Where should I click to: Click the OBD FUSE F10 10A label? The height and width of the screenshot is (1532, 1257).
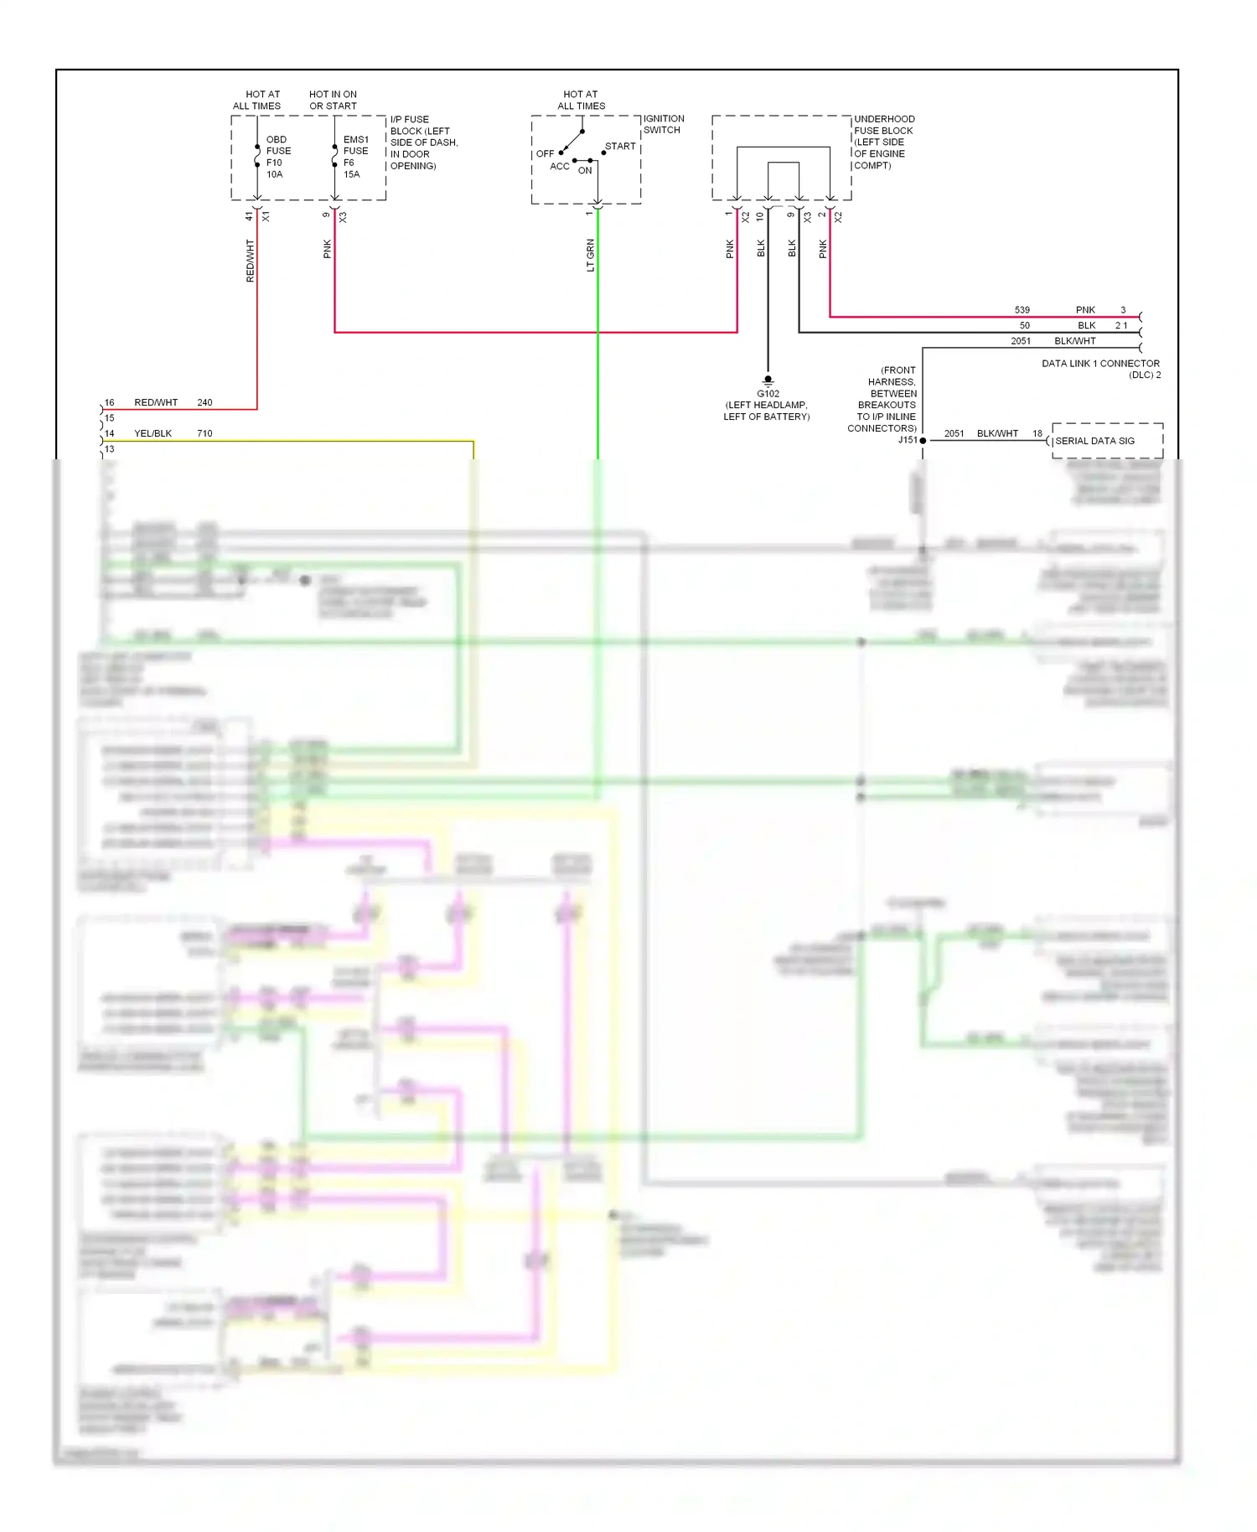(x=277, y=157)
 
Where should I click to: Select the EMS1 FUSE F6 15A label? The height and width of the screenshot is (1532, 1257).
(x=355, y=157)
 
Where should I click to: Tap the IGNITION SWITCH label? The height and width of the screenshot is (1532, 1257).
(x=664, y=124)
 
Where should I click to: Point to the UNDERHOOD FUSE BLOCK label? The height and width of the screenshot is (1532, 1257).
(x=884, y=142)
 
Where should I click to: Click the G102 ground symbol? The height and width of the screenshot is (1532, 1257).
(x=768, y=380)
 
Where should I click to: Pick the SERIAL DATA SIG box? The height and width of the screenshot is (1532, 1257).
(x=1107, y=441)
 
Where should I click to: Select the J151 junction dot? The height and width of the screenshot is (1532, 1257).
(x=923, y=440)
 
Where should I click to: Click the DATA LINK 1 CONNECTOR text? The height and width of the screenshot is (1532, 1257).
(x=1100, y=364)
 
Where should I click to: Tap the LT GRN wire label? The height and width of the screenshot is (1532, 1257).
(x=590, y=255)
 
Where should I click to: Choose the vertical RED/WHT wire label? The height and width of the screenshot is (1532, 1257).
(x=250, y=260)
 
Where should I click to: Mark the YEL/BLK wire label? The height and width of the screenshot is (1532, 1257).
(x=153, y=433)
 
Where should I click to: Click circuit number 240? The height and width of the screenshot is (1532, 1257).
(x=204, y=402)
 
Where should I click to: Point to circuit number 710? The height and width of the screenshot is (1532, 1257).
(x=204, y=433)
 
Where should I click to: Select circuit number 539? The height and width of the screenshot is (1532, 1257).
(x=1022, y=310)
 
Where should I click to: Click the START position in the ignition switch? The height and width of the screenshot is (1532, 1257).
(x=620, y=146)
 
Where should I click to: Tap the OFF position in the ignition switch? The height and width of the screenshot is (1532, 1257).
(x=545, y=153)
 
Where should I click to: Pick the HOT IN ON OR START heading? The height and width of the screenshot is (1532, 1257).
(x=333, y=100)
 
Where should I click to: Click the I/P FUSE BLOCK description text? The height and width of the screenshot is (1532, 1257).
(x=423, y=142)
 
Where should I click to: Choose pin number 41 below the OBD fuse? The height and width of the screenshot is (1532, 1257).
(x=249, y=216)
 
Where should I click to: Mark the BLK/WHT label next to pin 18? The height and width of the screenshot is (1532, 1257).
(x=997, y=433)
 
